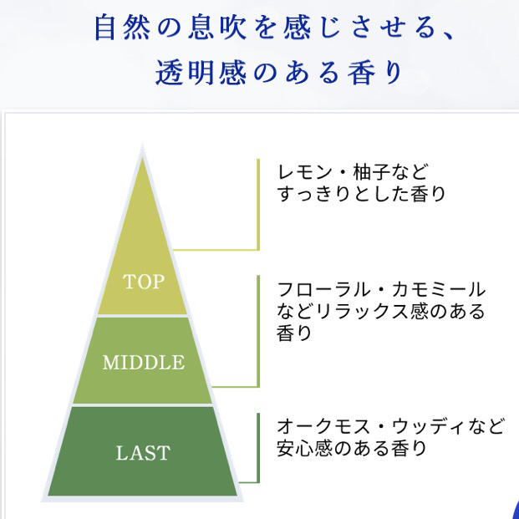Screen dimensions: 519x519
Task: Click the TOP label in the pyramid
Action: point(144,282)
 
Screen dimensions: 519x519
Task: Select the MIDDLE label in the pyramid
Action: point(143,363)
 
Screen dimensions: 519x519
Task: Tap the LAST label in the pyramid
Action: point(143,453)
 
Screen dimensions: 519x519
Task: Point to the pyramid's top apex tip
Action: point(142,145)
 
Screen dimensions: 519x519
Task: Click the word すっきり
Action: point(313,194)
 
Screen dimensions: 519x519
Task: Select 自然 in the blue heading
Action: point(123,28)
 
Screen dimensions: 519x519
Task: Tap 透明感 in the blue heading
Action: point(201,73)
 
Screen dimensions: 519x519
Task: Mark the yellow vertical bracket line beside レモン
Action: point(258,205)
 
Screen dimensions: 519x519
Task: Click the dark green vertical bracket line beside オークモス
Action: point(258,448)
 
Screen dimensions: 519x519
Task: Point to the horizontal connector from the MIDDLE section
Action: point(234,386)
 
